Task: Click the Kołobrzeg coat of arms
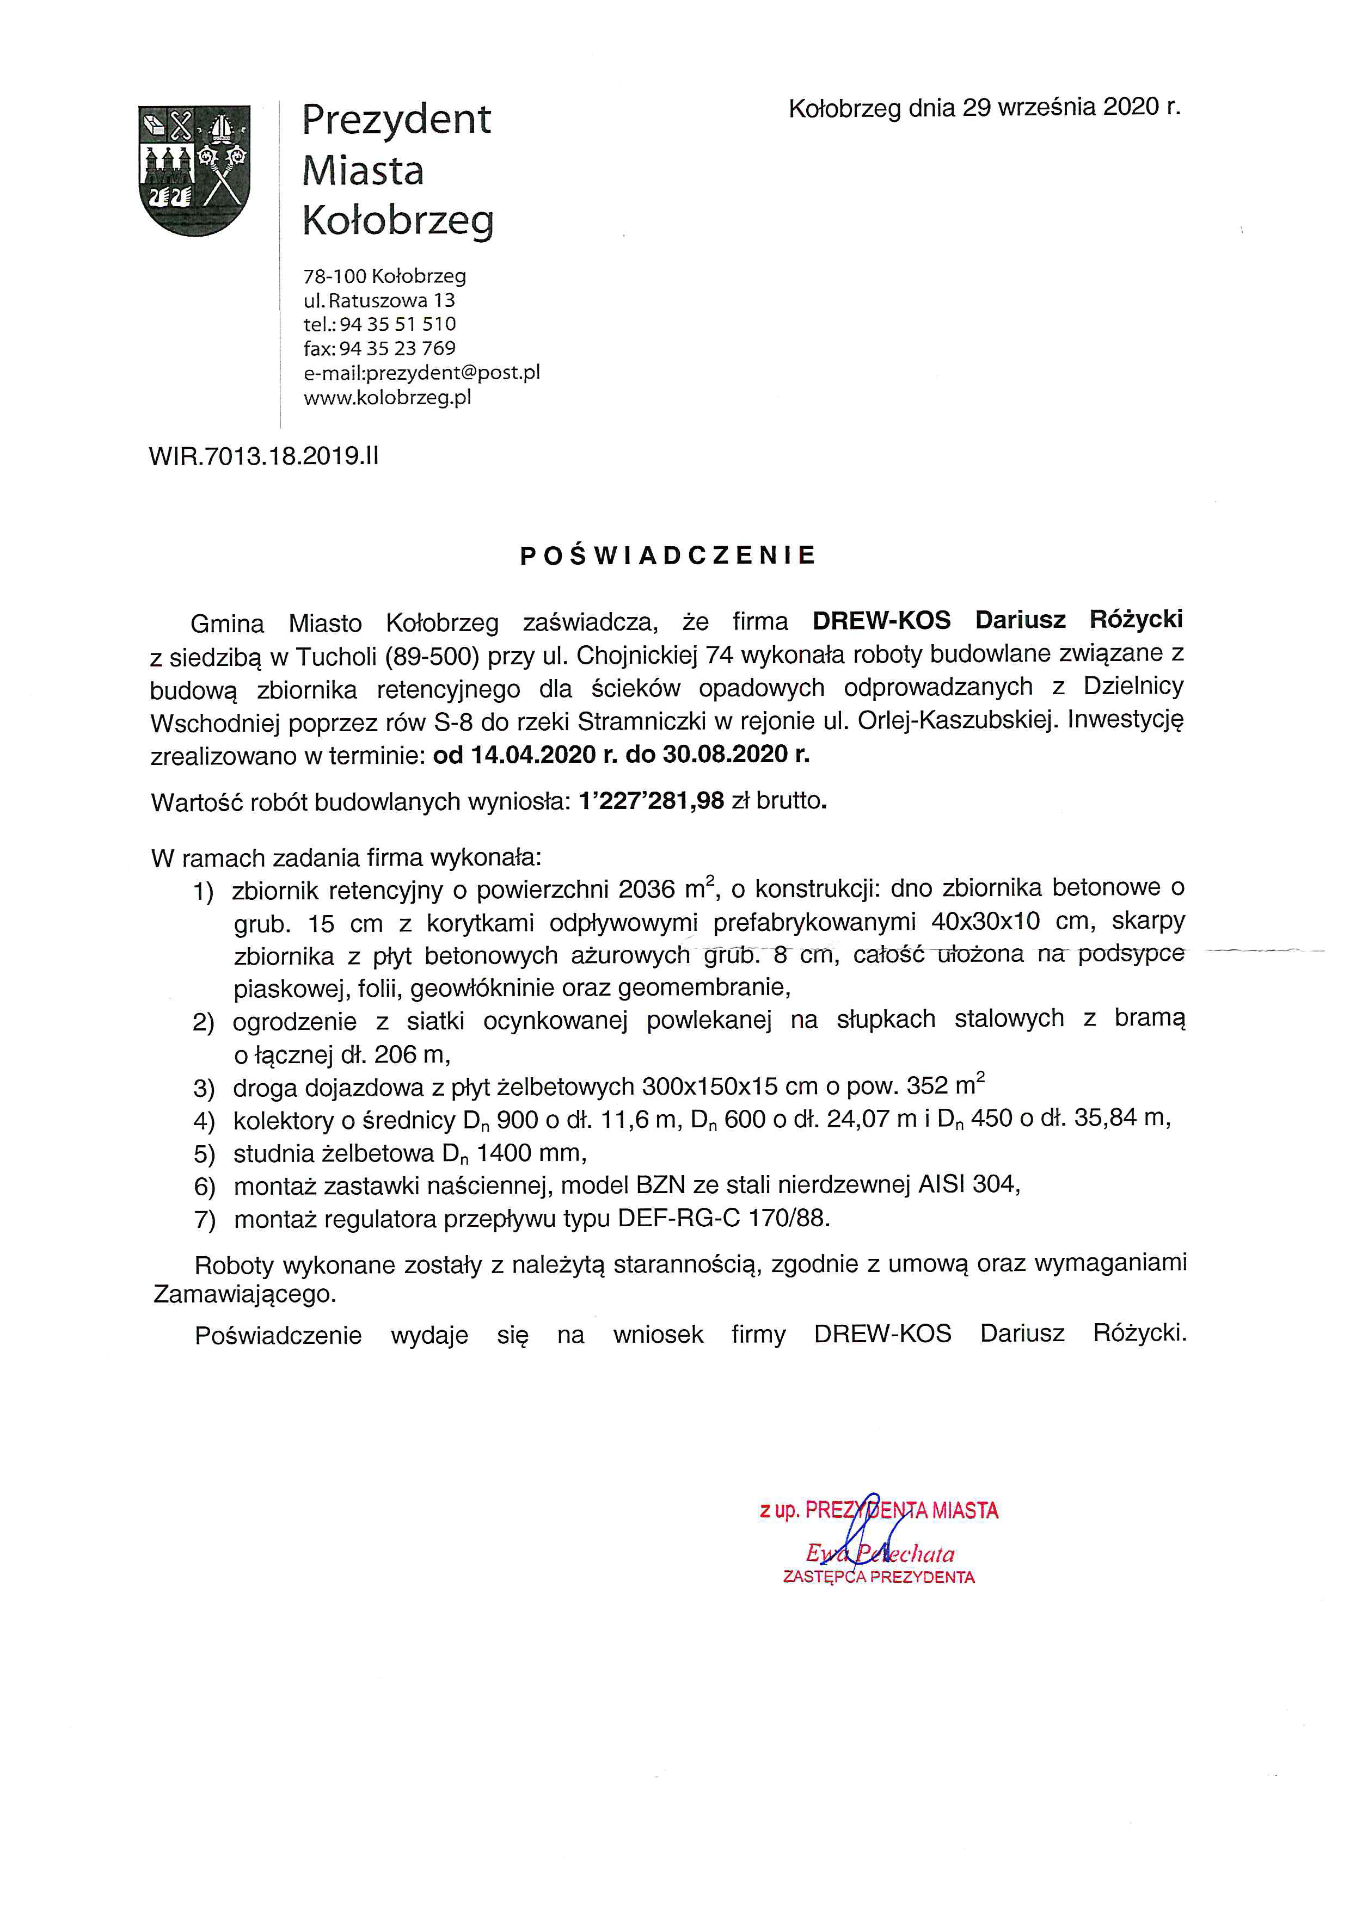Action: [194, 170]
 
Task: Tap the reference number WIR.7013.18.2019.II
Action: [263, 456]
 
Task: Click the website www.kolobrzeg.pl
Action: [388, 397]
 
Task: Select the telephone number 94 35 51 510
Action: [397, 324]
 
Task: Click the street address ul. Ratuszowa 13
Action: [379, 300]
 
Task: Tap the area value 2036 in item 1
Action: [647, 890]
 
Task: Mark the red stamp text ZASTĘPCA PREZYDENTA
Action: [879, 1577]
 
